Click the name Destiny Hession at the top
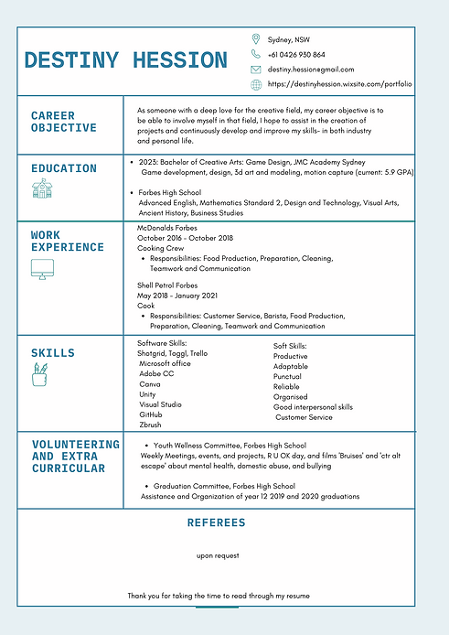tap(125, 61)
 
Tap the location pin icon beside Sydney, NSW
tap(256, 39)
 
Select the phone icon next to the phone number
tap(256, 55)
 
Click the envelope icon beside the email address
tap(256, 70)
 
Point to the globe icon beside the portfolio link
tap(256, 84)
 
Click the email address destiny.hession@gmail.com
tap(311, 70)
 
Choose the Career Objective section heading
tap(64, 122)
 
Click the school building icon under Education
tap(42, 189)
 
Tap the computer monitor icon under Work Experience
tap(42, 269)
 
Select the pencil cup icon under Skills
tap(40, 374)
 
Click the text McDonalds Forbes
tap(166, 228)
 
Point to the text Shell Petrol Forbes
tap(167, 285)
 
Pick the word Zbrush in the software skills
tap(151, 425)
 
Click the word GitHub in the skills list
tap(151, 414)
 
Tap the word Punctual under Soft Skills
tap(287, 376)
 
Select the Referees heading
tap(216, 523)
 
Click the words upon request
tap(218, 555)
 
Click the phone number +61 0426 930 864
tap(296, 55)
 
